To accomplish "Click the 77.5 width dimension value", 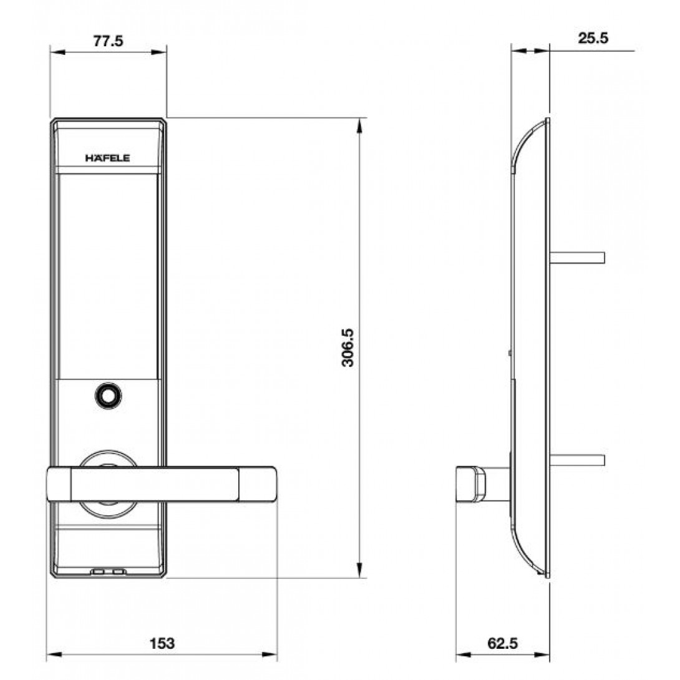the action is click(108, 41).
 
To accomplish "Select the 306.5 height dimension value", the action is click(347, 347).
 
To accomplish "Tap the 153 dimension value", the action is click(162, 643).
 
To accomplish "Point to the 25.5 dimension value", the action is click(593, 37).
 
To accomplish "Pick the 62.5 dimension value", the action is click(503, 643).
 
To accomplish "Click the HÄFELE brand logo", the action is click(107, 158).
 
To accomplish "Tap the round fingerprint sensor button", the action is click(108, 396).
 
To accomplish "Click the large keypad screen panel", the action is click(108, 276).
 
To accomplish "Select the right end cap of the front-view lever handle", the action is click(257, 484).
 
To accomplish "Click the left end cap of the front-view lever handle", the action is click(59, 484).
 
